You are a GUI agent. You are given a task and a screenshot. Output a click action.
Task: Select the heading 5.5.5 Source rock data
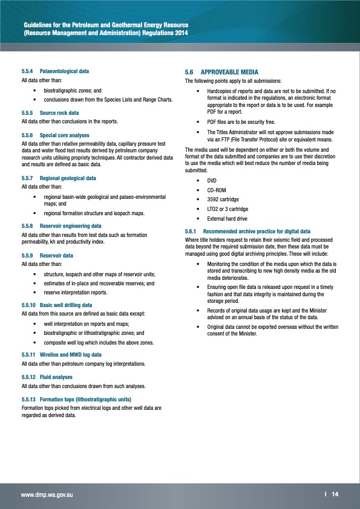point(50,112)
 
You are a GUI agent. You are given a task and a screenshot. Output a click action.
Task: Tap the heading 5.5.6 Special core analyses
point(55,135)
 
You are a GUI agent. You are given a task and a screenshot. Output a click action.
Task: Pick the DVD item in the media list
point(212,180)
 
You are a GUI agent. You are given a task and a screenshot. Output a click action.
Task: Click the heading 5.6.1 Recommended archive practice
point(247,232)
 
